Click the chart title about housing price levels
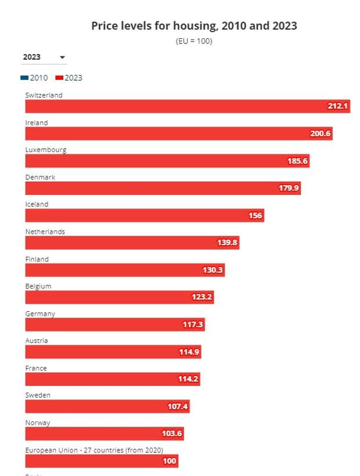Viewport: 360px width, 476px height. click(194, 26)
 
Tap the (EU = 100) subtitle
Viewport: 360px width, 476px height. click(194, 41)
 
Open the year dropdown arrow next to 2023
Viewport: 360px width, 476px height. click(62, 57)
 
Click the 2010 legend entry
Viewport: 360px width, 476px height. click(35, 78)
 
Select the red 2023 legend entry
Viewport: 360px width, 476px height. click(70, 78)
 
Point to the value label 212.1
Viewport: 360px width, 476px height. click(337, 106)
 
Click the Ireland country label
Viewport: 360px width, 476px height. click(37, 123)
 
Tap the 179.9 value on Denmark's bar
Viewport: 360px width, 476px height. click(289, 188)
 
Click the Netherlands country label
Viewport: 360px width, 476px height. click(45, 232)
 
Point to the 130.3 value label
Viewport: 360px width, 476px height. click(213, 270)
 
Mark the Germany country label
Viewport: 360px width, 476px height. click(40, 313)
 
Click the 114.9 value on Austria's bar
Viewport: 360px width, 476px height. click(189, 352)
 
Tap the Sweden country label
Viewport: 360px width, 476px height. click(38, 395)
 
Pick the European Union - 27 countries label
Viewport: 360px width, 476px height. click(94, 450)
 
